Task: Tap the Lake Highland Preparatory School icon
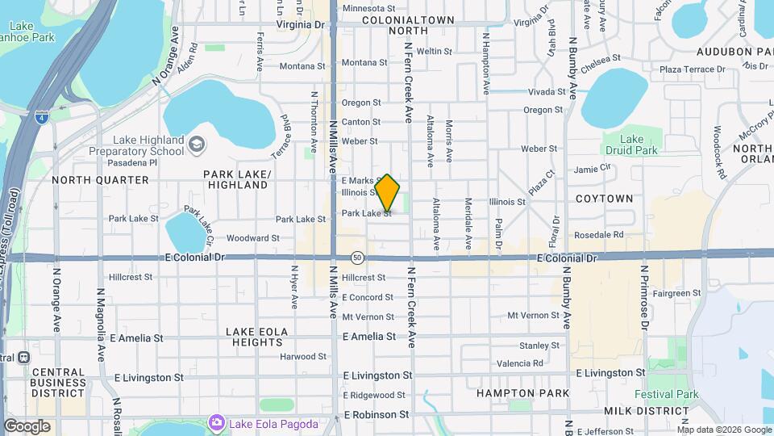[x=196, y=145]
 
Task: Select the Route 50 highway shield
[x=357, y=258]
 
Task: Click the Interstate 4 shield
[x=42, y=117]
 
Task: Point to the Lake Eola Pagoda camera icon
[x=216, y=422]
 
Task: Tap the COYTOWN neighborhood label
[x=604, y=199]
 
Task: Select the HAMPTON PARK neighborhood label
[x=522, y=393]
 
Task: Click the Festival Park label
[x=666, y=395]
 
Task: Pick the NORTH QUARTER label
[x=101, y=180]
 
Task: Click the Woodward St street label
[x=252, y=238]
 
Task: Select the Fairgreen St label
[x=674, y=293]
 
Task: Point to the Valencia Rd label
[x=520, y=363]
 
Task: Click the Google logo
[x=27, y=426]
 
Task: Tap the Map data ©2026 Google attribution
[x=723, y=430]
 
